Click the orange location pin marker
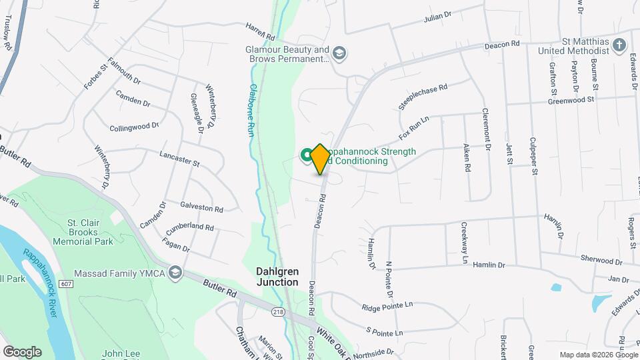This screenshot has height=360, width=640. tap(320, 159)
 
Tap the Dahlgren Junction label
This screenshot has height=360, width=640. tap(278, 277)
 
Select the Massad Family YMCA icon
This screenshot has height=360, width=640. tap(175, 273)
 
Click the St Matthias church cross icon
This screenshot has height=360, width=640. tap(620, 45)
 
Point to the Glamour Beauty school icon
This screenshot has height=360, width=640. tap(339, 53)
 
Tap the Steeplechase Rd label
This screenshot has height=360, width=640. tap(423, 97)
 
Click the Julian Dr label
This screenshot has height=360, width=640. tap(438, 18)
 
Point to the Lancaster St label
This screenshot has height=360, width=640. tap(180, 158)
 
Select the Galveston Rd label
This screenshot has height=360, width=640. tap(201, 207)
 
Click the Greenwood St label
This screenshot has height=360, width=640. tap(571, 100)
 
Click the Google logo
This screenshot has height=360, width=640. tap(22, 352)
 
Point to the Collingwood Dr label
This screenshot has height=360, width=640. tap(134, 126)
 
